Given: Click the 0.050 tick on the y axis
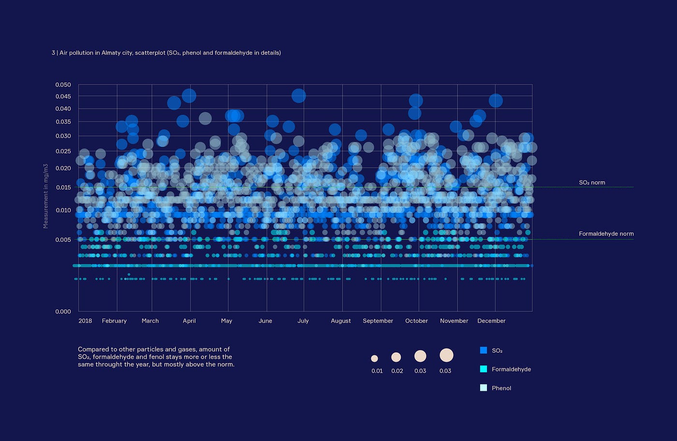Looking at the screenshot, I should coord(63,85).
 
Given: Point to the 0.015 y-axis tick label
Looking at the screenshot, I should coord(63,187).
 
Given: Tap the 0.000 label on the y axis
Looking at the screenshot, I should coord(63,311).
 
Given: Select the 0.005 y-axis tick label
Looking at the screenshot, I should coord(63,239).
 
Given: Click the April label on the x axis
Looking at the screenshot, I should coord(189,321).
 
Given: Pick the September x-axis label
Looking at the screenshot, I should coord(378,321).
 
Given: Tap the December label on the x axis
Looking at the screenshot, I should coord(491,321).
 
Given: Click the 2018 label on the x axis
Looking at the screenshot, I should coord(85,321).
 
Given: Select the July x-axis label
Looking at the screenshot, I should coord(303,321).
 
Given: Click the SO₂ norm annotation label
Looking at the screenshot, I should coord(592,182).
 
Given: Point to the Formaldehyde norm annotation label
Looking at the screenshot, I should coord(606,234).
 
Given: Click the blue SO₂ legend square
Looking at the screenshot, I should coord(483,350).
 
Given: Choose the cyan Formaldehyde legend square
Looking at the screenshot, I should coord(483,369).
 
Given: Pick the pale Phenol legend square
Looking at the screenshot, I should coord(483,388).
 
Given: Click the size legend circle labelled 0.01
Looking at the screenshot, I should coord(374,358).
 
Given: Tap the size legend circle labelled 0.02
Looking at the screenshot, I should coord(396,357).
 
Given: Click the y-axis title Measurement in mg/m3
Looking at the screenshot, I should coord(45,196).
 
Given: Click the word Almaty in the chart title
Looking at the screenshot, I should coord(111,53).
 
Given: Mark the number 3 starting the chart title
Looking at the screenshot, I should coord(53,53).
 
